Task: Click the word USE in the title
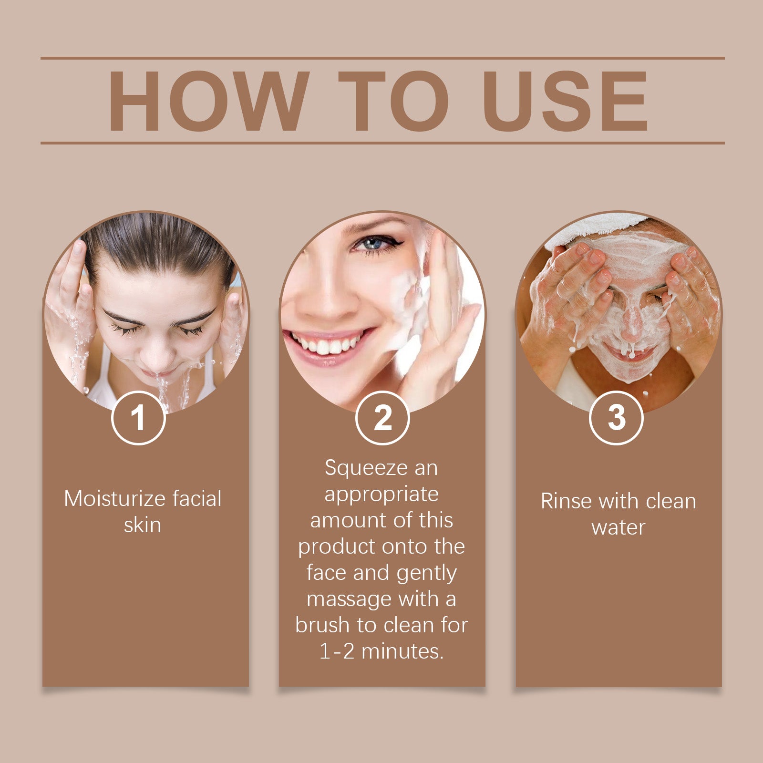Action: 566,101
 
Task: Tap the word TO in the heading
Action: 393,101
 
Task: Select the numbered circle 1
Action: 138,418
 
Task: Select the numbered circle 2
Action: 382,418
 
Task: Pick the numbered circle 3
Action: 616,418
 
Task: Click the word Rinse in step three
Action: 567,501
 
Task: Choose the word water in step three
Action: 618,527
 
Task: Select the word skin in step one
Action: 142,525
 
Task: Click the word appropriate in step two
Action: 381,494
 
